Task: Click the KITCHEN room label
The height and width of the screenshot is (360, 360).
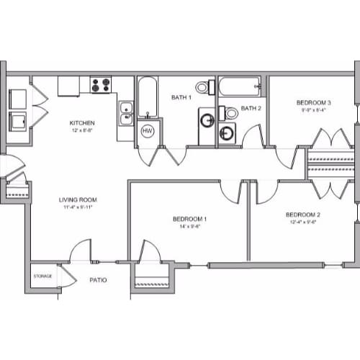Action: (x=82, y=122)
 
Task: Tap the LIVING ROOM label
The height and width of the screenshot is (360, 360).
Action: (x=78, y=199)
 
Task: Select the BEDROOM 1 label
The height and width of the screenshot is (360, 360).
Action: (x=190, y=219)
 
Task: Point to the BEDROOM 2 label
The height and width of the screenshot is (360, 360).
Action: (x=302, y=215)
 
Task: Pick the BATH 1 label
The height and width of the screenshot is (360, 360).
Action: (x=181, y=97)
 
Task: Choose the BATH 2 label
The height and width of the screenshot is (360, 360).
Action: (x=250, y=109)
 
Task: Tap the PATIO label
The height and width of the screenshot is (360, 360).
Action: (x=98, y=280)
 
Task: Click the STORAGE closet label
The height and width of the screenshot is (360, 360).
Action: (x=42, y=276)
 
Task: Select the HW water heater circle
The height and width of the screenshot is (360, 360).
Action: (x=148, y=131)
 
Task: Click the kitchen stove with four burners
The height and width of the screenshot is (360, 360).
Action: (x=101, y=85)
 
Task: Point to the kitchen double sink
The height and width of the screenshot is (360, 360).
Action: (x=126, y=113)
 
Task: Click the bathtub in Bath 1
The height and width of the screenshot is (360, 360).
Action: (x=148, y=97)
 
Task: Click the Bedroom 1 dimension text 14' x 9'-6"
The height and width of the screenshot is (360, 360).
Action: (x=190, y=228)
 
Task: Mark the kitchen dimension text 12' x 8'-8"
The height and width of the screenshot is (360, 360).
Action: (x=82, y=130)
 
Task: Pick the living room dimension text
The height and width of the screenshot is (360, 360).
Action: (x=78, y=207)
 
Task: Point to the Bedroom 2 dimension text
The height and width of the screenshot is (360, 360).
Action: (x=302, y=222)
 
